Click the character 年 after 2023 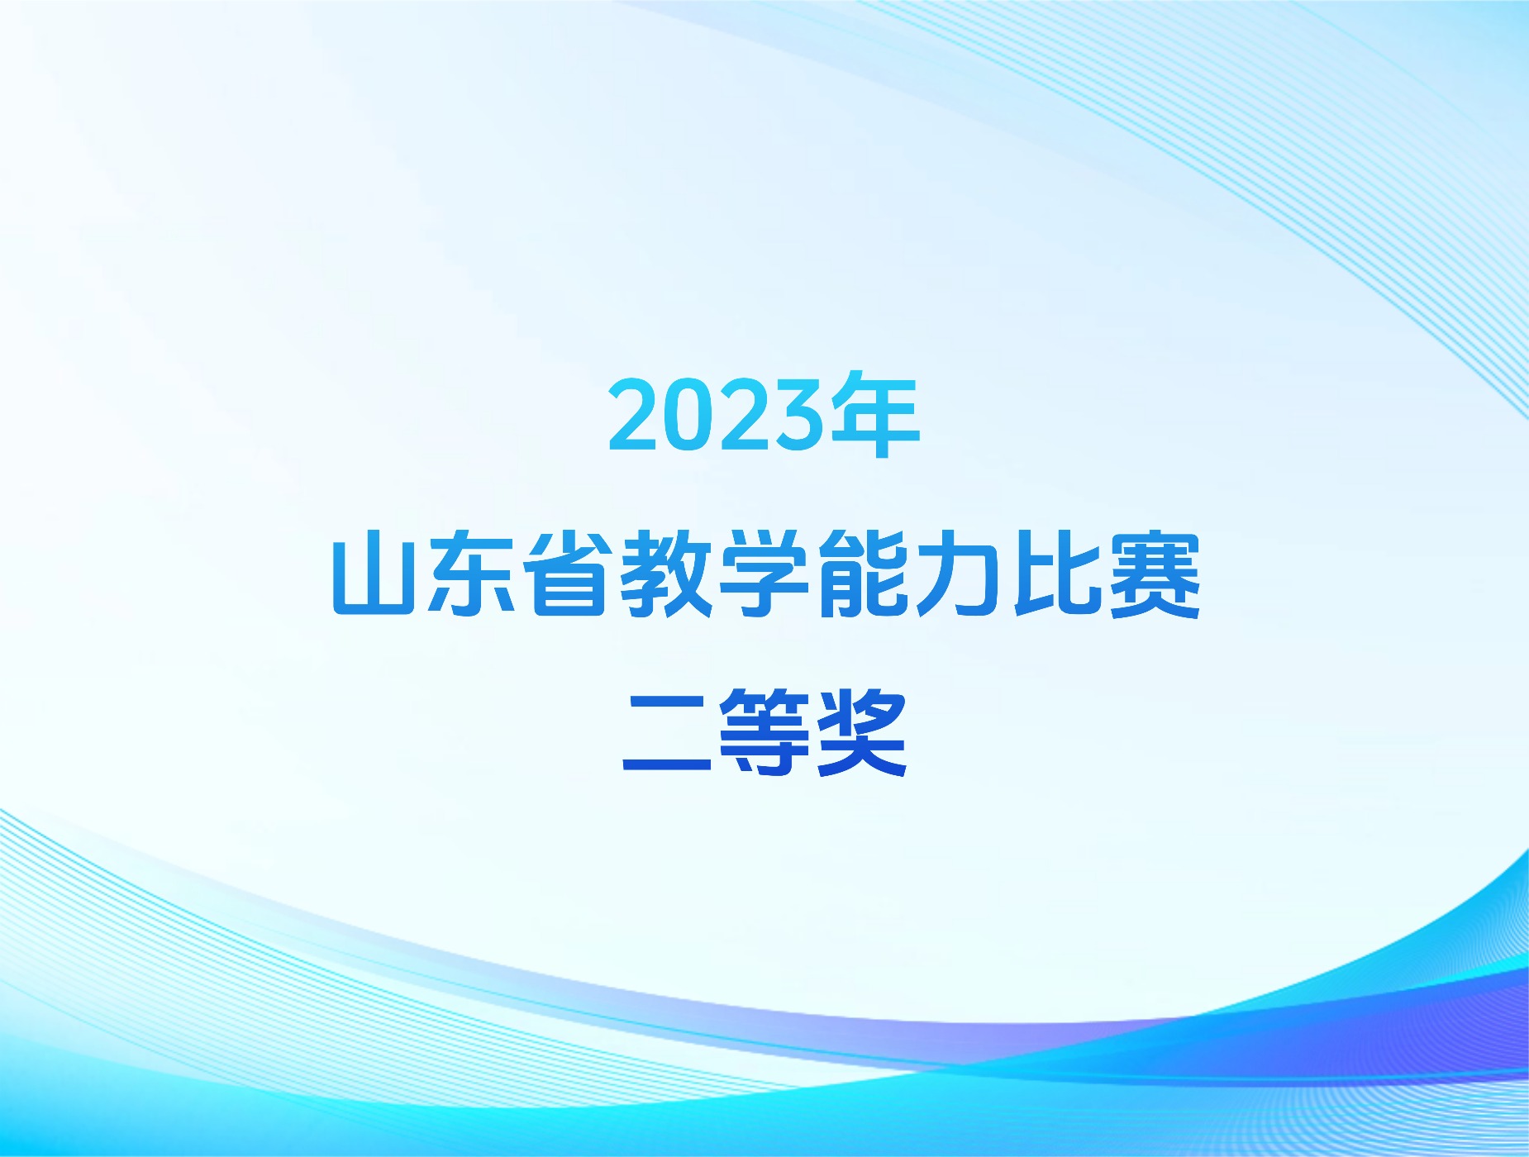pos(874,414)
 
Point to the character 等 pos(764,733)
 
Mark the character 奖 pos(862,733)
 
